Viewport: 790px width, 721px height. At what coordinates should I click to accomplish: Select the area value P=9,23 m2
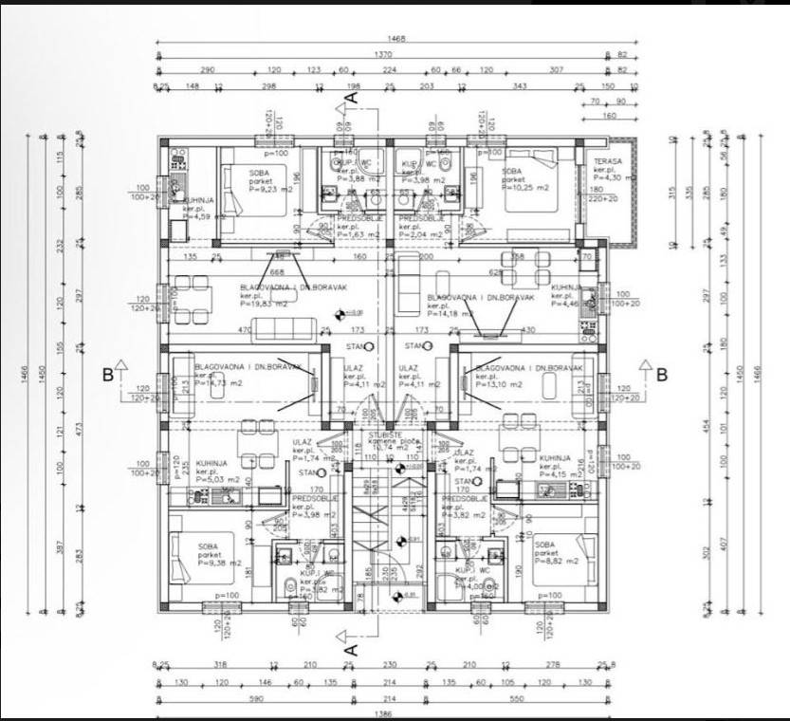(x=269, y=188)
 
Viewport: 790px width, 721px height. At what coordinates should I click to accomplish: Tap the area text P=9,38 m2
(x=220, y=563)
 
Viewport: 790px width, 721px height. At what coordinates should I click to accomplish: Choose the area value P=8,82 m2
(x=556, y=562)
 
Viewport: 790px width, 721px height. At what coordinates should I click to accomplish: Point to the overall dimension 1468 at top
(x=396, y=39)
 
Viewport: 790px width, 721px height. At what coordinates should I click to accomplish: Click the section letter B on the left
(x=108, y=374)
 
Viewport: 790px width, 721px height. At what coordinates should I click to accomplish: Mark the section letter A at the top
(x=350, y=95)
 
